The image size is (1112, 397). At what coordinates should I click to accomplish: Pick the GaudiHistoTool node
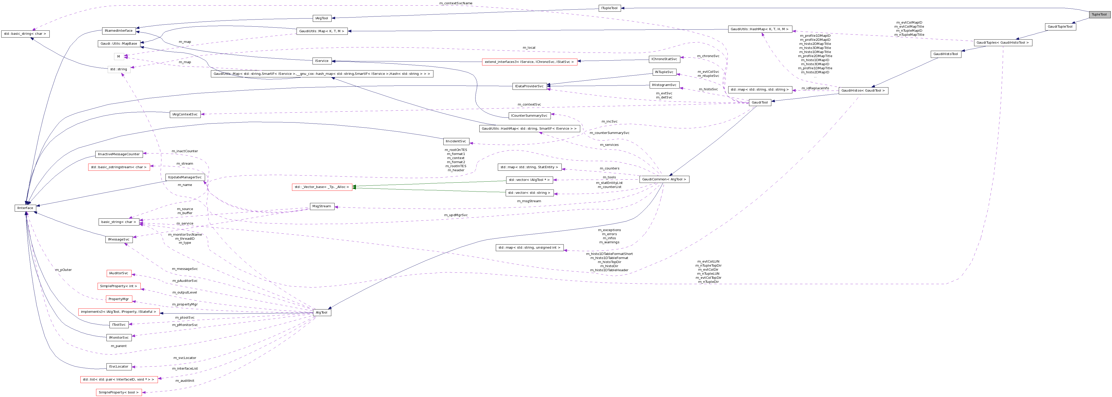(945, 54)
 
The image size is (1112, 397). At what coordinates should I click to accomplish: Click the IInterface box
(25, 208)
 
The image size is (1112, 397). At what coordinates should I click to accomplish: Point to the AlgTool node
(322, 312)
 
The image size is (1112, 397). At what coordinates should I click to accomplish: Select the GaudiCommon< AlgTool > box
(664, 179)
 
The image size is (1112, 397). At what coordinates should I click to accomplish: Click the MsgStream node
(322, 206)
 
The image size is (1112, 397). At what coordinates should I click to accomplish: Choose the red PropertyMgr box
(119, 299)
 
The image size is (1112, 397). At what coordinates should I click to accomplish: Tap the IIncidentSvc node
(456, 141)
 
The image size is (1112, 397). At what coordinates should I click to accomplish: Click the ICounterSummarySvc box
(529, 115)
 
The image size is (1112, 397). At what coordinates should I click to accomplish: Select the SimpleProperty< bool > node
(119, 392)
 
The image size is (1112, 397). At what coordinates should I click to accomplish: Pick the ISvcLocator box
(119, 366)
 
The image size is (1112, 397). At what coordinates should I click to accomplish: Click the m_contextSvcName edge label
(455, 3)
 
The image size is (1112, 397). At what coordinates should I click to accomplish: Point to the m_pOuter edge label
(63, 270)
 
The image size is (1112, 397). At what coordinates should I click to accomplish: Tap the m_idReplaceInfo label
(815, 88)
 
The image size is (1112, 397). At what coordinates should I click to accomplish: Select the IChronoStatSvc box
(664, 59)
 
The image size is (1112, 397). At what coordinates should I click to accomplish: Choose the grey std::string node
(119, 69)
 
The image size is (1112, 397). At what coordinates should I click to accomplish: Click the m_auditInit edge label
(185, 381)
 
